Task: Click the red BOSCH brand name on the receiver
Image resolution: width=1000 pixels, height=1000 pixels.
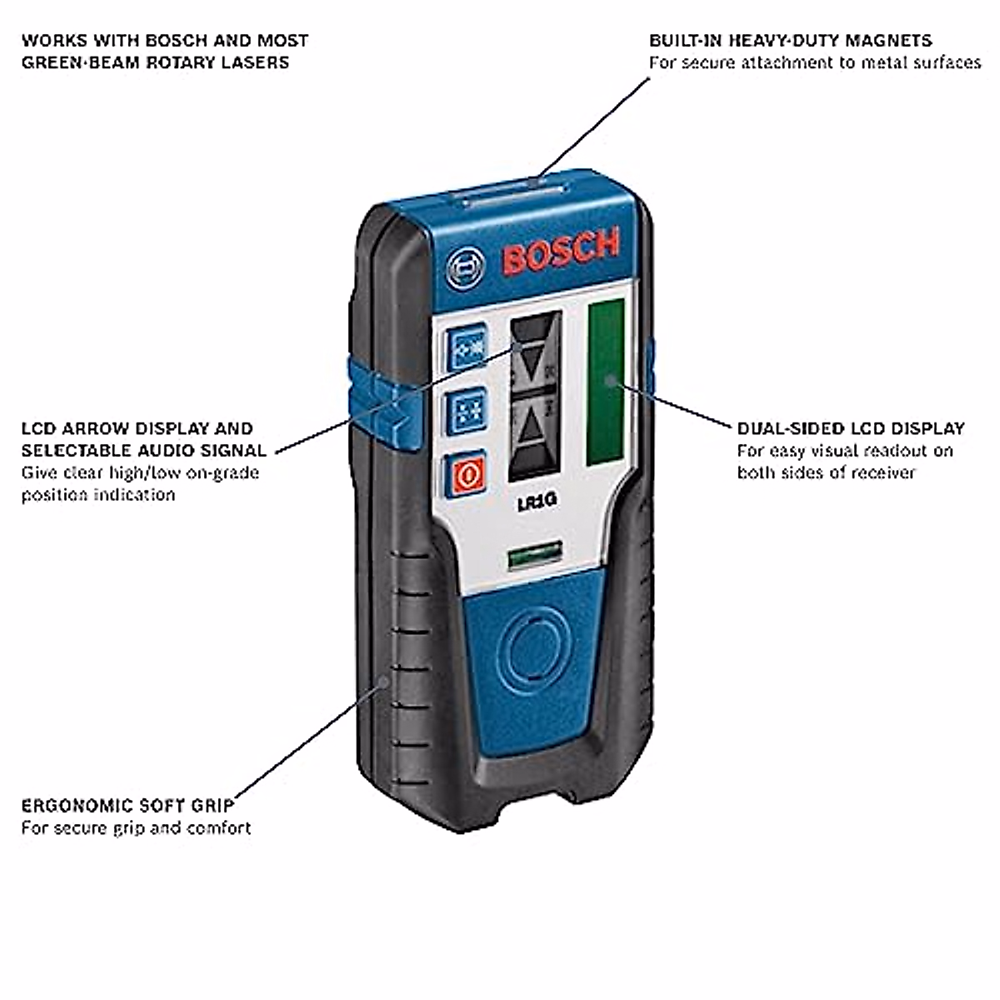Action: pos(562,251)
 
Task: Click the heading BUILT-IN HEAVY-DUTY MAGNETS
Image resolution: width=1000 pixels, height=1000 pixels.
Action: pos(790,40)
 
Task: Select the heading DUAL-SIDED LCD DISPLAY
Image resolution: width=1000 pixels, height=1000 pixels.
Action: pos(850,428)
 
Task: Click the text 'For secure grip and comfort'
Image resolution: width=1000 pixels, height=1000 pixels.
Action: pos(136,828)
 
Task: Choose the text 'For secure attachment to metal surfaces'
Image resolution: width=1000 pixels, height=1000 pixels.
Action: pos(815,62)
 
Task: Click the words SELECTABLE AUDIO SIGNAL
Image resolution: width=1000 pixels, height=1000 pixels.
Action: pos(144,451)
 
